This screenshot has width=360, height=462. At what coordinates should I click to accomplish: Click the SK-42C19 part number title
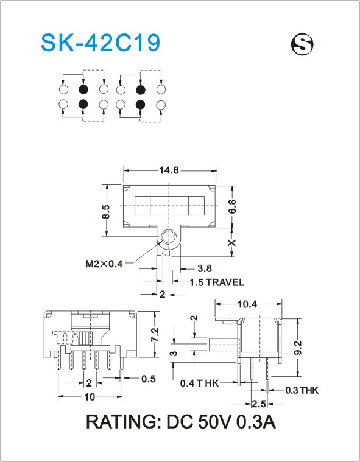click(101, 43)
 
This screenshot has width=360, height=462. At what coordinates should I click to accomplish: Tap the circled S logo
click(302, 44)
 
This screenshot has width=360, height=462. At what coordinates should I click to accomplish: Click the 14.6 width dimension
click(169, 170)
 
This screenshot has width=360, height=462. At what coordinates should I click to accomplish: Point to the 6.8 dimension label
click(232, 206)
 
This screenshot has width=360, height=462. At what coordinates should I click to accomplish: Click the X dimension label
click(233, 243)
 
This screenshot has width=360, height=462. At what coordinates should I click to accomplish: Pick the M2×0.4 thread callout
click(104, 264)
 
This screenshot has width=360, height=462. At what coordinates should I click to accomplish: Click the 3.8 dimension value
click(205, 268)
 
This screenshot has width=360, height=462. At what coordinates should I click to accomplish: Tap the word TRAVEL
click(225, 282)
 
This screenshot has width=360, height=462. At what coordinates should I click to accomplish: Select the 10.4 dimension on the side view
click(247, 304)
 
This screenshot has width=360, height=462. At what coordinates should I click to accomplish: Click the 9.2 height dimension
click(298, 348)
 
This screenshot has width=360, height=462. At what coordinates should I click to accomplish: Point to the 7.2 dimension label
click(155, 335)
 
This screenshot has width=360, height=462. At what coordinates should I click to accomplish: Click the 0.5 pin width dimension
click(148, 379)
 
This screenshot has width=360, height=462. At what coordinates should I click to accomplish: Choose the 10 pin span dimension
click(90, 397)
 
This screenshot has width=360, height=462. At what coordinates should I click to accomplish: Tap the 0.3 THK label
click(302, 390)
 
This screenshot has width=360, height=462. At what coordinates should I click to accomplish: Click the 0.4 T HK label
click(199, 383)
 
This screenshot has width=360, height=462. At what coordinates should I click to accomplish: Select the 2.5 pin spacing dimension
click(258, 404)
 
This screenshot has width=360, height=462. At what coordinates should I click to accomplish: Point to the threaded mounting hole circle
click(168, 237)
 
